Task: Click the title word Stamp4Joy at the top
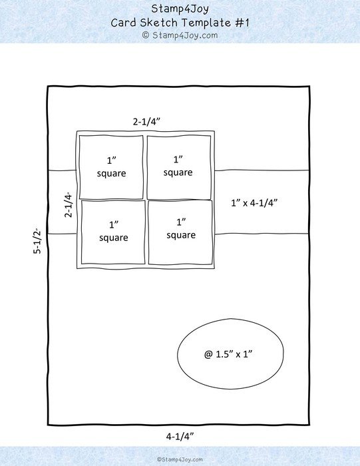click(x=180, y=9)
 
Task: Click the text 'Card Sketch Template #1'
click(x=180, y=23)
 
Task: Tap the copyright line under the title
click(x=180, y=35)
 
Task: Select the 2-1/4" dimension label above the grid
click(x=146, y=122)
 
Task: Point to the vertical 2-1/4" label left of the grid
click(x=69, y=204)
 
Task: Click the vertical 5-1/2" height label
click(x=37, y=241)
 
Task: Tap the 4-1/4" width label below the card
click(x=180, y=436)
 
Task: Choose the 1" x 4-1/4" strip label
click(x=254, y=203)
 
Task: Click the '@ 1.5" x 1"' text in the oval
click(x=228, y=354)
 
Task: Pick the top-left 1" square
click(x=111, y=167)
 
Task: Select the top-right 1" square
click(x=179, y=167)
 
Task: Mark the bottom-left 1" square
click(x=113, y=232)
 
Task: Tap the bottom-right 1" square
click(x=180, y=232)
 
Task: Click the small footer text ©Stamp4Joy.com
click(x=180, y=459)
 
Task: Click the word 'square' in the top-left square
click(x=111, y=174)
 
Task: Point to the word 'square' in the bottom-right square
click(x=181, y=236)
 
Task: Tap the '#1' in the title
click(x=242, y=23)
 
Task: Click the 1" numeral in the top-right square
click(x=178, y=159)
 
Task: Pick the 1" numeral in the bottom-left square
click(x=114, y=224)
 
